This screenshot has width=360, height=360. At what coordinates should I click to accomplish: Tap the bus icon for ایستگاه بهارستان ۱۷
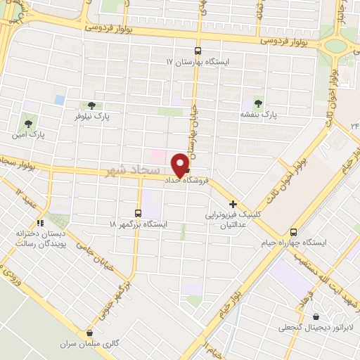[198, 51]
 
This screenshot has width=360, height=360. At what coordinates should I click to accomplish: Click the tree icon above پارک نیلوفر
[91, 105]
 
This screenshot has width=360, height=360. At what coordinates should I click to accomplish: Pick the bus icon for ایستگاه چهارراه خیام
[294, 233]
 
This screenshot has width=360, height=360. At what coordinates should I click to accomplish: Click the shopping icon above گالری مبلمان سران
[89, 333]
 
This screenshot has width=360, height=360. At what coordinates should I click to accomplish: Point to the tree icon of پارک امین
[29, 117]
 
